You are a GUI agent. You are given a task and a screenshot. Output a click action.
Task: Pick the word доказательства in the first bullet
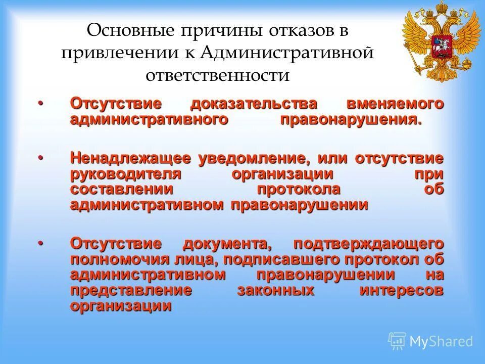[x=254, y=104]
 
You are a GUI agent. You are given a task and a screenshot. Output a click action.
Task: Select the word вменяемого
[x=395, y=104]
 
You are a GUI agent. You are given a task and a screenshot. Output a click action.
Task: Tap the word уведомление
[x=253, y=158]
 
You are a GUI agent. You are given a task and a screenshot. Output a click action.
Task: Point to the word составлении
[x=121, y=190]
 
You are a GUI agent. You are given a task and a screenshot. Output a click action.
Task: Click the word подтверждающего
[x=368, y=244]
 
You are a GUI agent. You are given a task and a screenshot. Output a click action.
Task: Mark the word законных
[x=276, y=291]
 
